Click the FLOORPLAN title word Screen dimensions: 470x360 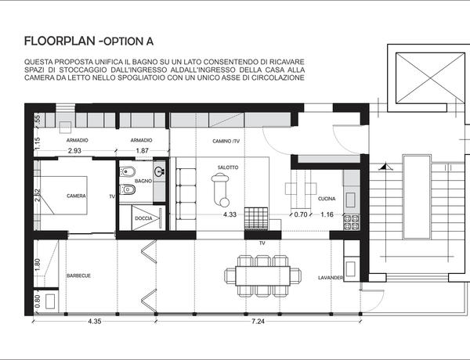pyautogui.click(x=60, y=41)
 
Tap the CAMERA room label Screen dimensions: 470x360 pyautogui.click(x=76, y=196)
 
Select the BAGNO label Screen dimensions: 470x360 pyautogui.click(x=143, y=181)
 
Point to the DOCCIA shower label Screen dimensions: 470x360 pyautogui.click(x=143, y=218)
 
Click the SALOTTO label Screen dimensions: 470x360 pyautogui.click(x=228, y=167)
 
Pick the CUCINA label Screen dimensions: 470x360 pyautogui.click(x=327, y=199)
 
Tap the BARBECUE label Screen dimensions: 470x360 pyautogui.click(x=78, y=275)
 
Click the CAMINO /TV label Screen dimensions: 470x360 pyautogui.click(x=226, y=141)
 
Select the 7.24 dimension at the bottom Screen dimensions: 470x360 pyautogui.click(x=258, y=322)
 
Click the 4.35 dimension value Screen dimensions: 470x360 pyautogui.click(x=95, y=322)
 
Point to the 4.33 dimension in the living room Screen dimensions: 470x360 pyautogui.click(x=230, y=214)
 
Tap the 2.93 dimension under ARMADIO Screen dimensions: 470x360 pyautogui.click(x=74, y=150)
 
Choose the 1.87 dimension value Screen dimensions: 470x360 pyautogui.click(x=142, y=150)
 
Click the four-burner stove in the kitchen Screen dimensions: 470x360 pyautogui.click(x=351, y=222)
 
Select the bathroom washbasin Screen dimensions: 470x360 pyautogui.click(x=159, y=171)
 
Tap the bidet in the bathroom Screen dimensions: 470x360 pyautogui.click(x=127, y=171)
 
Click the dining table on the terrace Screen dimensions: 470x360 pyautogui.click(x=263, y=275)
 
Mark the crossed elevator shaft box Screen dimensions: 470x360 pyautogui.click(x=430, y=78)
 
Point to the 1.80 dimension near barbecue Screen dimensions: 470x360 pyautogui.click(x=38, y=265)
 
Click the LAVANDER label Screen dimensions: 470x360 pyautogui.click(x=331, y=278)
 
